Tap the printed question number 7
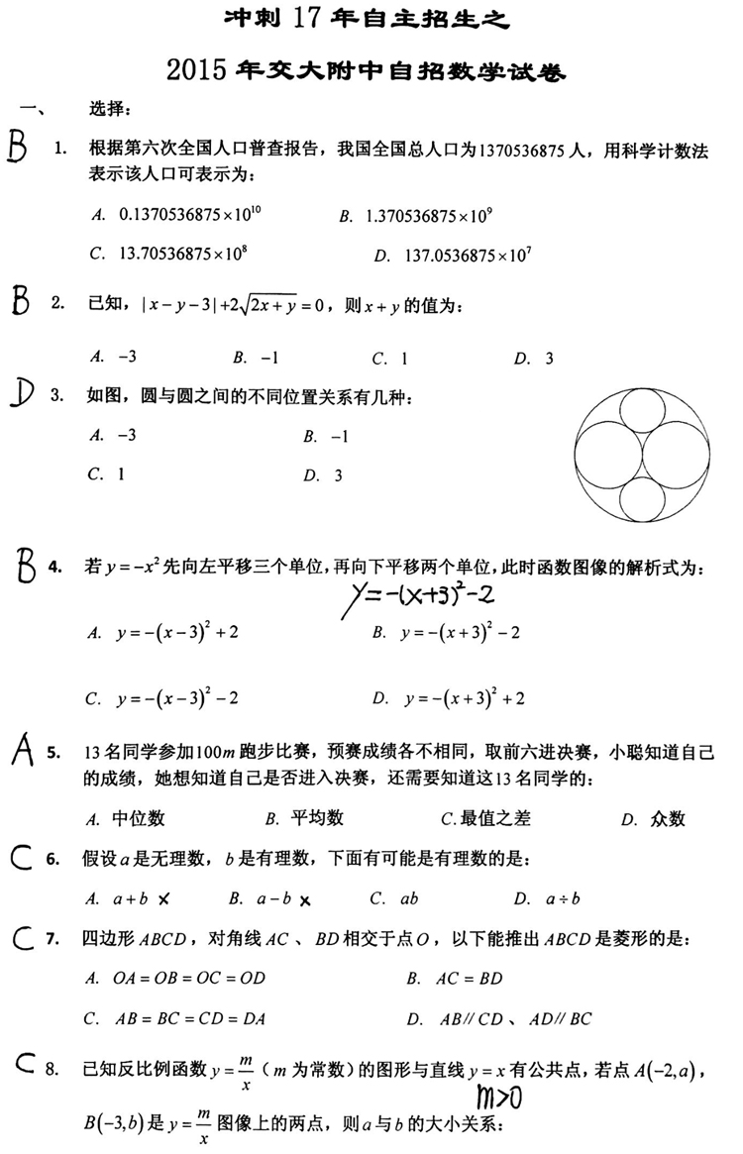pyautogui.click(x=53, y=938)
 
